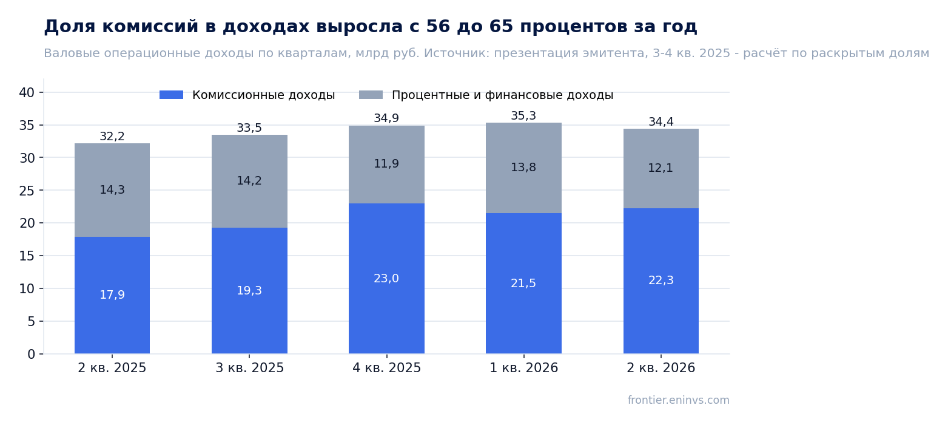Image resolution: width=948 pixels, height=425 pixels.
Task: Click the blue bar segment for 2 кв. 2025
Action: click(112, 295)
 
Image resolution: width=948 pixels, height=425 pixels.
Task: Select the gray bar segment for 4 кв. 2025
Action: click(386, 165)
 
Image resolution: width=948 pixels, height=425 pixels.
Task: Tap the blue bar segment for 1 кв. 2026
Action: click(523, 284)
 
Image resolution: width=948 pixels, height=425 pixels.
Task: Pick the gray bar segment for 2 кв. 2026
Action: click(661, 169)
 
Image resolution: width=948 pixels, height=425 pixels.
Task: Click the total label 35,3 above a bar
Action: click(523, 116)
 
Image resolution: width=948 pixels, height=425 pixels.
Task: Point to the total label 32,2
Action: click(112, 137)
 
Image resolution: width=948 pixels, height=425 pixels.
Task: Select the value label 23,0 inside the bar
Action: click(386, 279)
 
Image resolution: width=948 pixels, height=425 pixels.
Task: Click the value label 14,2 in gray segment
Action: click(249, 181)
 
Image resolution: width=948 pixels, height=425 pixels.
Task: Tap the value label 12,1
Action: click(661, 168)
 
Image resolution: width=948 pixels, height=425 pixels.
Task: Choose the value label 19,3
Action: click(249, 291)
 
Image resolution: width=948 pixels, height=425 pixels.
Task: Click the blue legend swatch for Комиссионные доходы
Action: click(172, 95)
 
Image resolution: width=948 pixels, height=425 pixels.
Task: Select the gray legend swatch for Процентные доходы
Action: click(371, 95)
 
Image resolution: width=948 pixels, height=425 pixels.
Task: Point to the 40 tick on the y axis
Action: click(27, 92)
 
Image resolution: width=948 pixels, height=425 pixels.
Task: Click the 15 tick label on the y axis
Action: click(27, 256)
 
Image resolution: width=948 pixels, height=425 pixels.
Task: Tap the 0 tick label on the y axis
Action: click(31, 354)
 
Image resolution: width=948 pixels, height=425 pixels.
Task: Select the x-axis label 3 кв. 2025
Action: click(250, 368)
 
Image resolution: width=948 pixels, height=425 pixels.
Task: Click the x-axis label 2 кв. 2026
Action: click(661, 368)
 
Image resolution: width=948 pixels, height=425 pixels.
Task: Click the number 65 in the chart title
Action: click(502, 26)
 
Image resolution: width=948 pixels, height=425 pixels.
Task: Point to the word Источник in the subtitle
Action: click(457, 53)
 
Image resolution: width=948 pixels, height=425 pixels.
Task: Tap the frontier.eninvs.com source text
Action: click(679, 400)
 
